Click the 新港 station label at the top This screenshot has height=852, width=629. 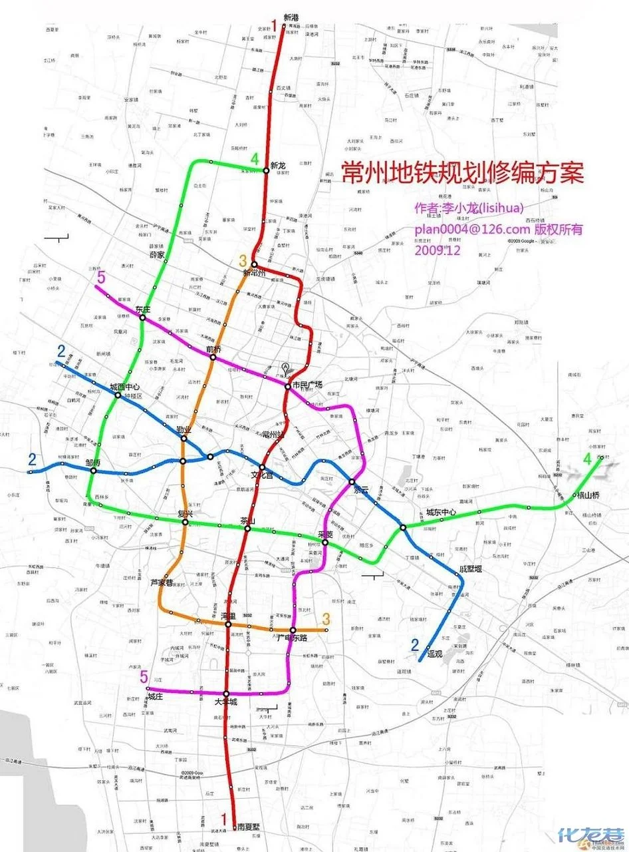(x=291, y=17)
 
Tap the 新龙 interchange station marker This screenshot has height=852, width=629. (x=266, y=171)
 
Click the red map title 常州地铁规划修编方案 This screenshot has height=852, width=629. (x=462, y=174)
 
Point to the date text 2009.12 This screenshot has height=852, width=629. (x=437, y=251)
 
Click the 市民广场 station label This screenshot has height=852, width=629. (x=307, y=385)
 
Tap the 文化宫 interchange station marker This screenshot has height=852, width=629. (x=263, y=467)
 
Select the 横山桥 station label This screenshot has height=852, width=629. (x=589, y=495)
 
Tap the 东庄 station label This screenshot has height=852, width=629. (x=143, y=309)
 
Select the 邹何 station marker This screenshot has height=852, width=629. (x=94, y=471)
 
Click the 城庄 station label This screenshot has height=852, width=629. (x=155, y=697)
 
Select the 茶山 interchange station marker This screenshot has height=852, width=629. (x=247, y=529)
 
